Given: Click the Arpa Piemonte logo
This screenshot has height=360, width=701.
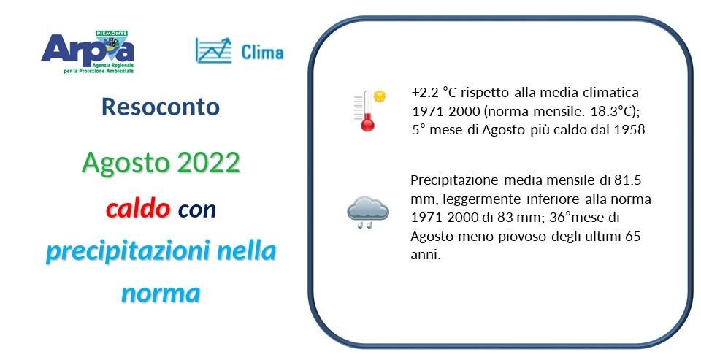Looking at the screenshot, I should pyautogui.click(x=88, y=51).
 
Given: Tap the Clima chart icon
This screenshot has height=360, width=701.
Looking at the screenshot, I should pyautogui.click(x=213, y=50).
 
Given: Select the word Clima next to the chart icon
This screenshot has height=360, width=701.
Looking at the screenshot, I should pyautogui.click(x=261, y=52).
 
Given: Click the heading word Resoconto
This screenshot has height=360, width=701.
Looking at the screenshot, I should pyautogui.click(x=161, y=107).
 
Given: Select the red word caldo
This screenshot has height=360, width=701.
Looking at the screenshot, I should pyautogui.click(x=138, y=209).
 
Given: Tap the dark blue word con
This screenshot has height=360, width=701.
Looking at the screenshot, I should pyautogui.click(x=196, y=210).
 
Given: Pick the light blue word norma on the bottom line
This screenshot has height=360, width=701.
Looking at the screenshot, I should pyautogui.click(x=161, y=293).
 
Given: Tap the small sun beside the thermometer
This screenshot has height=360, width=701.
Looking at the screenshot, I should pyautogui.click(x=379, y=96).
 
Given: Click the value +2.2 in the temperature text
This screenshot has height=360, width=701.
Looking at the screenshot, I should pyautogui.click(x=425, y=93).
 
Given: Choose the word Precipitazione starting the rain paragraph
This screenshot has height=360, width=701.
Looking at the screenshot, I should pyautogui.click(x=453, y=180).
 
